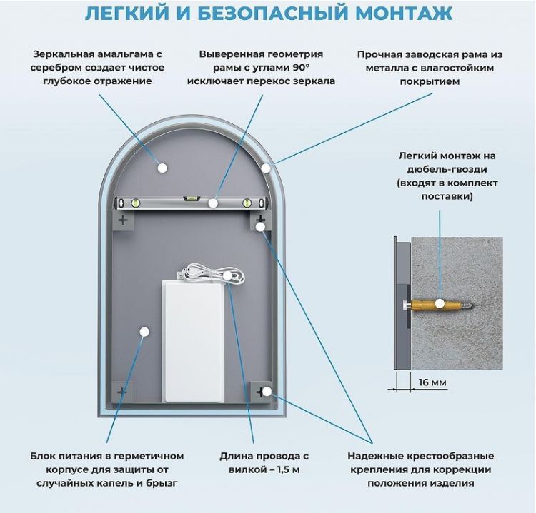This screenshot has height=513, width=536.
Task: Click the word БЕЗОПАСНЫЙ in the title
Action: click(261, 14)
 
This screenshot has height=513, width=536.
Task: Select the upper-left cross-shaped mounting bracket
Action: click(123, 220)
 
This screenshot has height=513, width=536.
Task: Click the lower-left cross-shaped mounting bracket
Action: click(121, 391)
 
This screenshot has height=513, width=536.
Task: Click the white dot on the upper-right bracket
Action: click(260, 227)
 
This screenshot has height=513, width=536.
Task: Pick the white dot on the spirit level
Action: click(212, 203)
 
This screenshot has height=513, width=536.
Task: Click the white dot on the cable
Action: click(227, 275)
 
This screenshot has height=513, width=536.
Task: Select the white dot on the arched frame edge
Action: click(266, 168)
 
